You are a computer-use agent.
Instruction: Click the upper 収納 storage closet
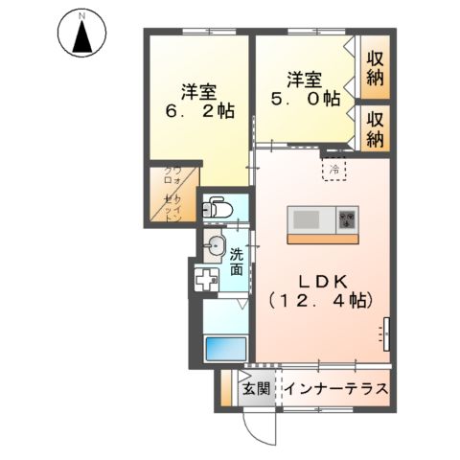click(376, 67)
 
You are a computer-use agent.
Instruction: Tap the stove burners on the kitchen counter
click(346, 218)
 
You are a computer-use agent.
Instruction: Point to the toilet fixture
click(219, 206)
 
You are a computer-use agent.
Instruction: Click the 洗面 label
click(237, 262)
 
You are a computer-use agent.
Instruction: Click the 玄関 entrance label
click(255, 390)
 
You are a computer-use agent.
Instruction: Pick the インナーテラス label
click(334, 390)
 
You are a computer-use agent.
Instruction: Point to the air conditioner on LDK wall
click(386, 332)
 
